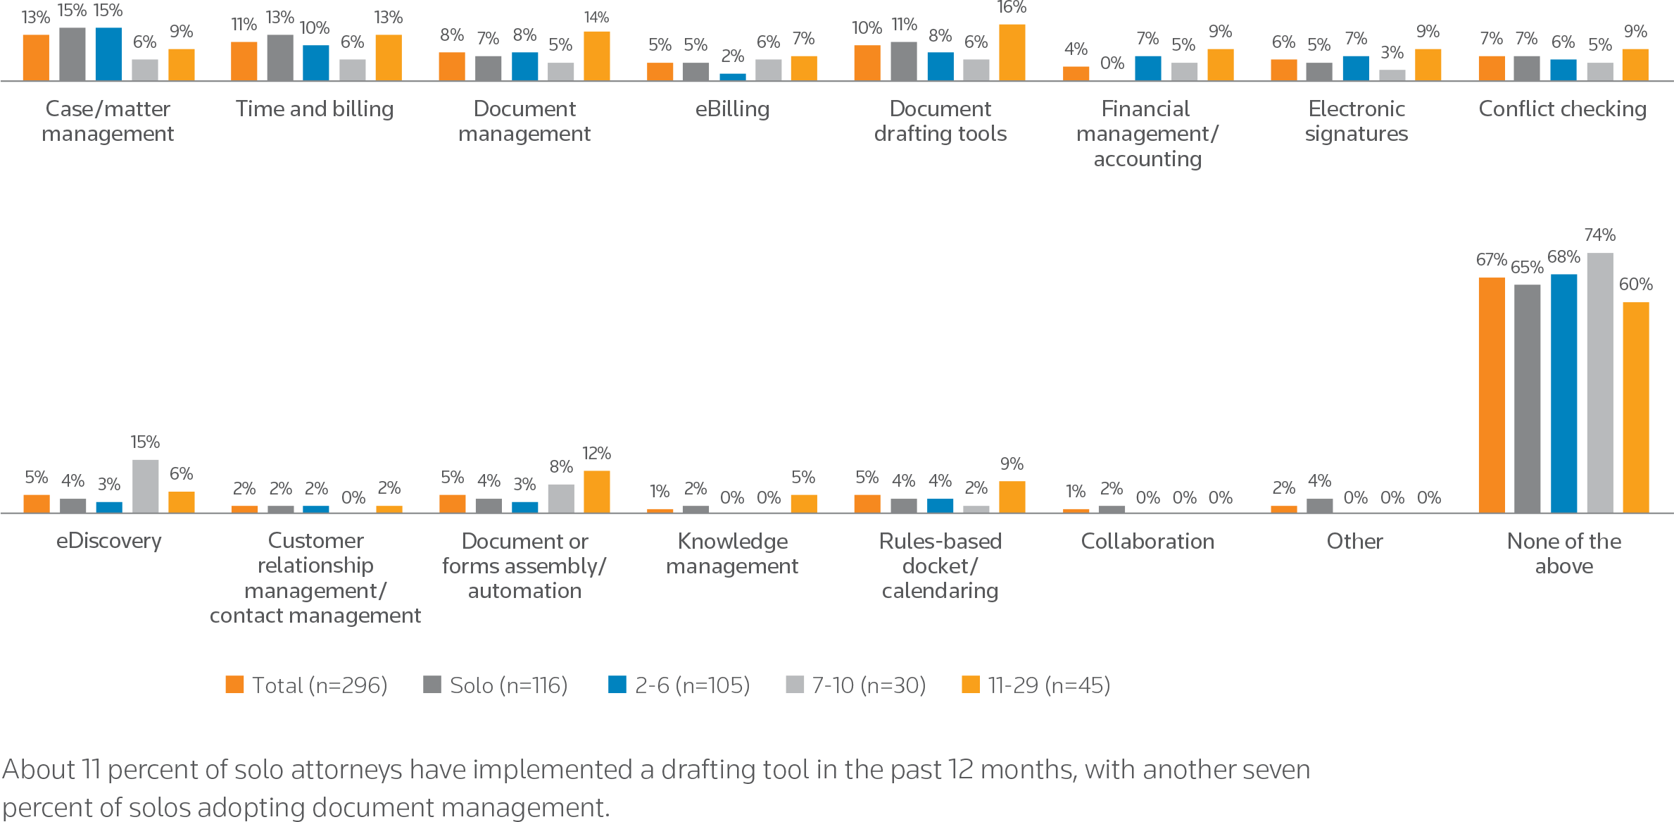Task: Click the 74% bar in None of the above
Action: tap(1599, 382)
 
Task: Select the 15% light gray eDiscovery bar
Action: tap(145, 485)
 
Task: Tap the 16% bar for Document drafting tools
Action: tap(1012, 52)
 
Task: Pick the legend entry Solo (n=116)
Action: tap(495, 685)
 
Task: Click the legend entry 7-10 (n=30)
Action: tap(855, 685)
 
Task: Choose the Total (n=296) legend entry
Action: tap(306, 685)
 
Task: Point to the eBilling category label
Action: tap(732, 108)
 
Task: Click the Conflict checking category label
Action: tap(1562, 108)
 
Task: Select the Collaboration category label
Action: tap(1147, 541)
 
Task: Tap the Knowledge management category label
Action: tap(732, 553)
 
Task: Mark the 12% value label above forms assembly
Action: tap(596, 453)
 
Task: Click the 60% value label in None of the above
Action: tap(1635, 284)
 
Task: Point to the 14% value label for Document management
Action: tap(596, 17)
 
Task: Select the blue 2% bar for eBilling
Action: tap(732, 76)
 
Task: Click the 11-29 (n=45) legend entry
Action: tap(1036, 685)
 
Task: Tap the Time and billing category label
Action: tap(315, 108)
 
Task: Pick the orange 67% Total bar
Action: tap(1491, 394)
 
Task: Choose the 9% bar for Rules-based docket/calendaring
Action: tap(1012, 497)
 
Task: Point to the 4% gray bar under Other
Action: tap(1319, 505)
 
